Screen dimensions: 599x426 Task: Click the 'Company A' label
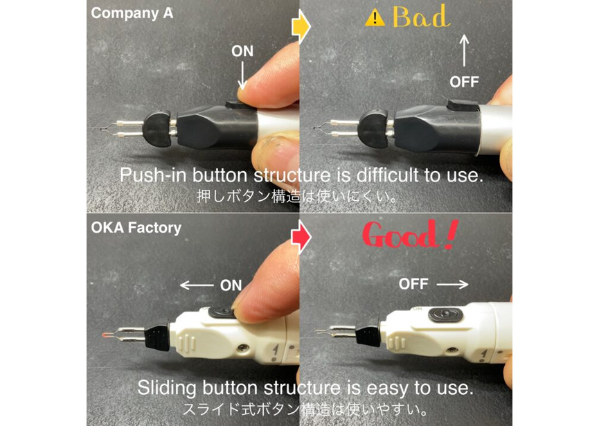(x=132, y=13)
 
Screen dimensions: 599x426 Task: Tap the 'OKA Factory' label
(x=136, y=228)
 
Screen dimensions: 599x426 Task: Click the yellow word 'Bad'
(x=421, y=17)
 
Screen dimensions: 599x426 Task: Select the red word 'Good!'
(x=409, y=235)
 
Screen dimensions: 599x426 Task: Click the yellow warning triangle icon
(x=375, y=18)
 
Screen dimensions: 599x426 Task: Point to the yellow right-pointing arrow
(x=301, y=27)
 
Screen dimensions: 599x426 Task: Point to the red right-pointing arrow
(x=301, y=238)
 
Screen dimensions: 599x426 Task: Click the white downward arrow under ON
(x=242, y=75)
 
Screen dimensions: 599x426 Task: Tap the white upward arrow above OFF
(x=464, y=50)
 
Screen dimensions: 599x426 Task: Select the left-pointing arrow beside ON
(x=197, y=285)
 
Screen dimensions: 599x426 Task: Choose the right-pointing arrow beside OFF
(x=452, y=284)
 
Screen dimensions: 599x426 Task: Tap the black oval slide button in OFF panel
(x=445, y=314)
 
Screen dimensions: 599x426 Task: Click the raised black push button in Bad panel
(x=463, y=105)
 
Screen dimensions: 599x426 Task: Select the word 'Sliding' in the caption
(x=167, y=388)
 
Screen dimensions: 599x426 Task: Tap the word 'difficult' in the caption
(x=387, y=175)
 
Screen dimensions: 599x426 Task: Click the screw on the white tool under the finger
(x=242, y=348)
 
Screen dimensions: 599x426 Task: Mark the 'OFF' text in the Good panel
(x=413, y=284)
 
